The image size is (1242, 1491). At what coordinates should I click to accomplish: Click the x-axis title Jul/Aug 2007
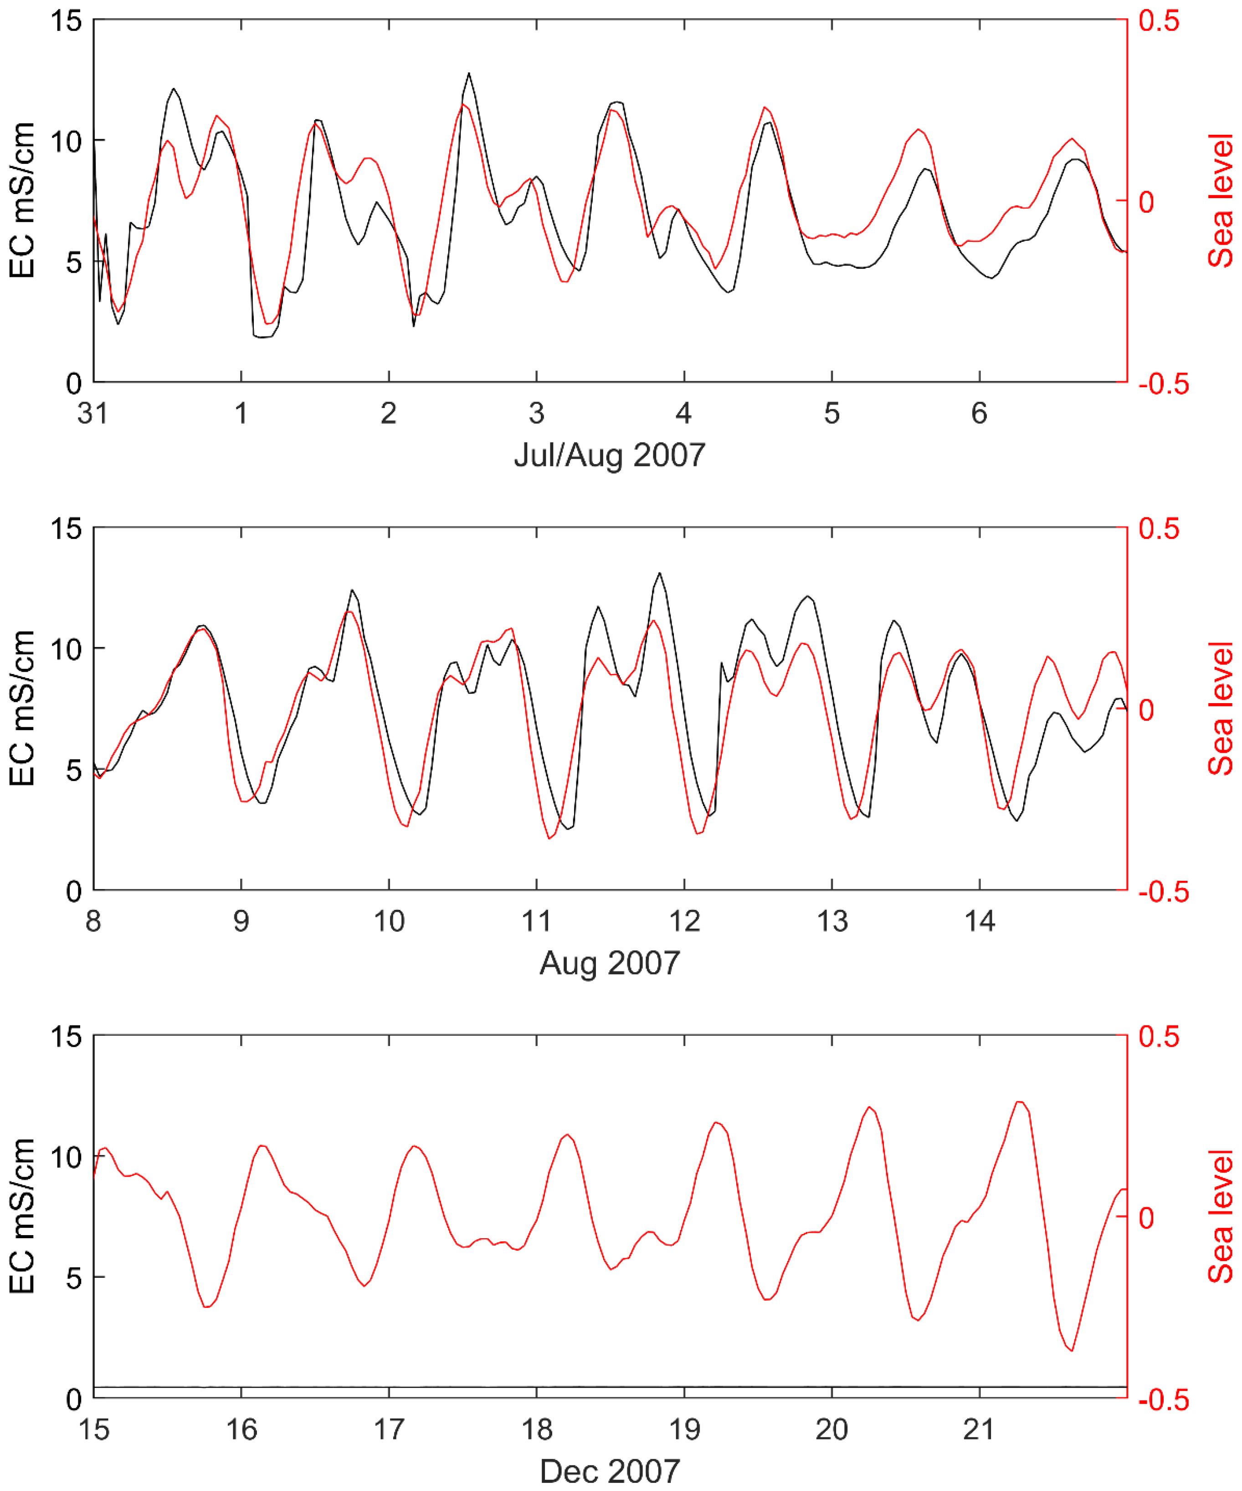tap(609, 454)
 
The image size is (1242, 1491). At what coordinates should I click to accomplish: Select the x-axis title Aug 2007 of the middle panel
tap(609, 964)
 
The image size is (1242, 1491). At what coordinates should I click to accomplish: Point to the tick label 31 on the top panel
tap(93, 413)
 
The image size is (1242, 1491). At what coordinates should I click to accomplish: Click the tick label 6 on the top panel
tap(979, 413)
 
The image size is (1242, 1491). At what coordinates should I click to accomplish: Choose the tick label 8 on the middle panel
tap(93, 922)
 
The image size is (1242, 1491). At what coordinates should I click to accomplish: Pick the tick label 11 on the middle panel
tap(536, 922)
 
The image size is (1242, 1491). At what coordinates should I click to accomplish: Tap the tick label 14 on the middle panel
tap(979, 922)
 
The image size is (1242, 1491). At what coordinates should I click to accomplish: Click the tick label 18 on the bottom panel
tap(536, 1429)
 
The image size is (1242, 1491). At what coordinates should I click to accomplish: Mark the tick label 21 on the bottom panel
tap(979, 1429)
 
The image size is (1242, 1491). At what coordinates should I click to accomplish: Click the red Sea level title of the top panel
tap(1221, 201)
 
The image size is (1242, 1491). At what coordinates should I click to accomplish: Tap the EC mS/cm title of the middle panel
tap(23, 709)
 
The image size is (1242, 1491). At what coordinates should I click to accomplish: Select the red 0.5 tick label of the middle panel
tap(1159, 529)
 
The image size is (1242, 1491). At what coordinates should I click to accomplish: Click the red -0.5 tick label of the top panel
tap(1163, 384)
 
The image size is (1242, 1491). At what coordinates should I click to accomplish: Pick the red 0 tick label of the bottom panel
tap(1146, 1218)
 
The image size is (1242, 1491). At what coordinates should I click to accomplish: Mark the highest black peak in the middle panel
tap(660, 573)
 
